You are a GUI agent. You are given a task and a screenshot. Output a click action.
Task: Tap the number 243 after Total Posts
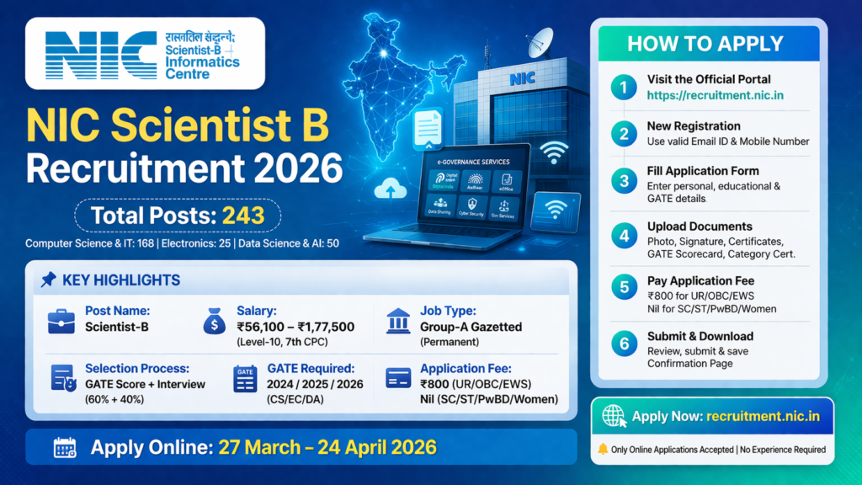click(244, 216)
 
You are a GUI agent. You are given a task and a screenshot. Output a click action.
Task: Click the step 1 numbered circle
click(624, 87)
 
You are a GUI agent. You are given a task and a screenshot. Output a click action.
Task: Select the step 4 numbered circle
click(624, 235)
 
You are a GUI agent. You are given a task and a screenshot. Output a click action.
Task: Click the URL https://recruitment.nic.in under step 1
click(715, 95)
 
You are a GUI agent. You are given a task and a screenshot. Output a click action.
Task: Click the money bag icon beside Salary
click(215, 321)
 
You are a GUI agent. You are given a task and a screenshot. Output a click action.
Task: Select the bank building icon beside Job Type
click(398, 319)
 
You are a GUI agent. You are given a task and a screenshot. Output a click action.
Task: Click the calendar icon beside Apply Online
click(65, 447)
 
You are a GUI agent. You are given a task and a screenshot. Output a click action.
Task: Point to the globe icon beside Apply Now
click(614, 416)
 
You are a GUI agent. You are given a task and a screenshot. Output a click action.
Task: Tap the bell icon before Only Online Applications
click(603, 450)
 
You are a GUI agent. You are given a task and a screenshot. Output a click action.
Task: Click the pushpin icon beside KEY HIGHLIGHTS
click(49, 280)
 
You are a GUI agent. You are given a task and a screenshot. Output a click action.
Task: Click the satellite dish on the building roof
click(539, 42)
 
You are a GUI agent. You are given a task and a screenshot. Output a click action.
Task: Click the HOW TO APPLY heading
click(705, 44)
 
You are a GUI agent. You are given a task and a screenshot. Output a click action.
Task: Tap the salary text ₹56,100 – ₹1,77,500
click(295, 327)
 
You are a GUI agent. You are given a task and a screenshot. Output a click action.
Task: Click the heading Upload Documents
click(700, 226)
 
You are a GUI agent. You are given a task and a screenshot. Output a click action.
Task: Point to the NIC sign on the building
click(521, 79)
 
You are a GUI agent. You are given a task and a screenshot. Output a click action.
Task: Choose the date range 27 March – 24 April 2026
click(327, 447)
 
